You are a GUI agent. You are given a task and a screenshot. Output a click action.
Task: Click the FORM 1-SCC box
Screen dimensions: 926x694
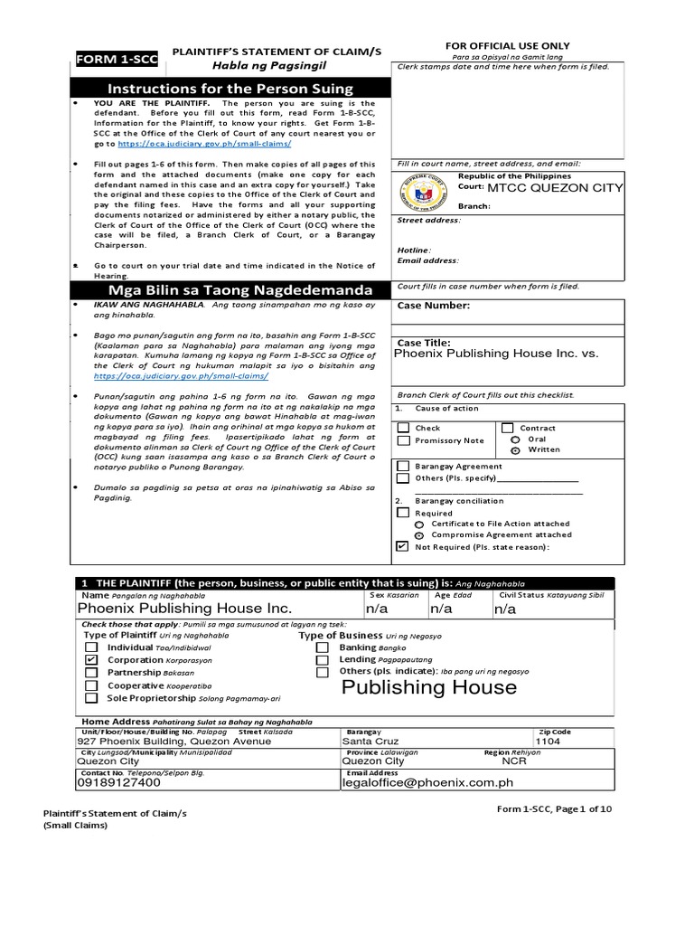click(116, 60)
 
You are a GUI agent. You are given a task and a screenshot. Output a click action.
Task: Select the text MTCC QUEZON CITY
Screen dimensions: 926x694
click(555, 188)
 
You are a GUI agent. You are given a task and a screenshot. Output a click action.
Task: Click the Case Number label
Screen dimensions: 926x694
click(434, 306)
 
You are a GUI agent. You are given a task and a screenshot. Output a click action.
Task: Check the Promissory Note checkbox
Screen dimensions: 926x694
click(403, 440)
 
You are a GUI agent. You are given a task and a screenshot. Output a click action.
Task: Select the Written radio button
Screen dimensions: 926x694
click(515, 449)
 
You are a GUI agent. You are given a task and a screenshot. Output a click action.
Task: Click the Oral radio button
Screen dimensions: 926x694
click(515, 439)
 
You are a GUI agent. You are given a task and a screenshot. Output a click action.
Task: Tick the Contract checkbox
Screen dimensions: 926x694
click(508, 428)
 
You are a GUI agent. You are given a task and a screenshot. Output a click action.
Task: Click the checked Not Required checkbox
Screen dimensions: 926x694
click(403, 546)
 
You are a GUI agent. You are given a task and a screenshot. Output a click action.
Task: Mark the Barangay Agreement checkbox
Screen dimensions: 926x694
click(403, 466)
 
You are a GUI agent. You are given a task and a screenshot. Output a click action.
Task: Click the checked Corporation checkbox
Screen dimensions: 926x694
click(91, 660)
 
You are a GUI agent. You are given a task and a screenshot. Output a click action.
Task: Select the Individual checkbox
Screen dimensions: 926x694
click(91, 647)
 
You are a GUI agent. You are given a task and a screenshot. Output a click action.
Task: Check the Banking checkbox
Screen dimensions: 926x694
click(323, 647)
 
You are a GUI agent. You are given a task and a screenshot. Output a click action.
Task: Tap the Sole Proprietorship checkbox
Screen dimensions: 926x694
click(91, 698)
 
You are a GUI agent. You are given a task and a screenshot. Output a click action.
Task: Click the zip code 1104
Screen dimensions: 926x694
click(549, 742)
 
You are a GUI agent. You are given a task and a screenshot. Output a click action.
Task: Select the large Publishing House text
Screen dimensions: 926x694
click(429, 687)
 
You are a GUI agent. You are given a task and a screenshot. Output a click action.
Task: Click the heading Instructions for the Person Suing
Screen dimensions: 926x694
click(230, 89)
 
